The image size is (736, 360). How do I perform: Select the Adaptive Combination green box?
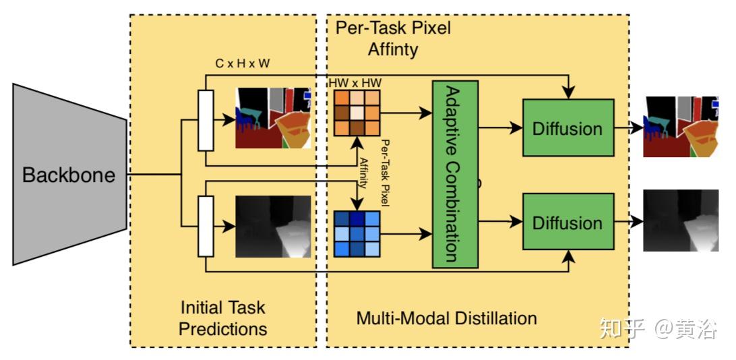coord(455,174)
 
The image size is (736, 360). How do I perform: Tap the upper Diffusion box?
coord(568,127)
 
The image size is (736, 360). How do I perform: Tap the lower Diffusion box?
coord(568,222)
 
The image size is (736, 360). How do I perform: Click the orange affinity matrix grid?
coord(357,113)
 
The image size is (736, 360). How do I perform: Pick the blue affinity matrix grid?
coord(357,234)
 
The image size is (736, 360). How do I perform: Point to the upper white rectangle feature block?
coord(206,121)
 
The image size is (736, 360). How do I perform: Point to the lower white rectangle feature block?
coord(206,227)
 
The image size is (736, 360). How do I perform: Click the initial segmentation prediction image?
coord(273,118)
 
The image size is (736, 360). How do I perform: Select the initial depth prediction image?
coord(273,227)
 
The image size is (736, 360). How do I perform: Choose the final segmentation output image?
coord(681,127)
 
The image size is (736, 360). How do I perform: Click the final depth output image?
coord(681,220)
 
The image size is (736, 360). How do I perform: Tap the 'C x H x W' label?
coord(243,64)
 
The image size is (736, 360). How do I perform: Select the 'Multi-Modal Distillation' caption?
coord(446,318)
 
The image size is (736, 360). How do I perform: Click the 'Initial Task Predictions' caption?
coord(223,318)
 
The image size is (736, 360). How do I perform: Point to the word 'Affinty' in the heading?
coord(393,49)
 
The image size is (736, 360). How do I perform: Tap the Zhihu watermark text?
coord(658,329)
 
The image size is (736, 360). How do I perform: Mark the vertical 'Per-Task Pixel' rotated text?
coord(386,173)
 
